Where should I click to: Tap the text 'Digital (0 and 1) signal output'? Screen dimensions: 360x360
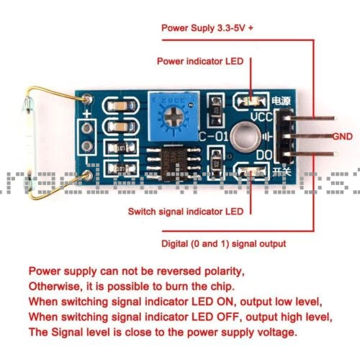(x=223, y=243)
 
